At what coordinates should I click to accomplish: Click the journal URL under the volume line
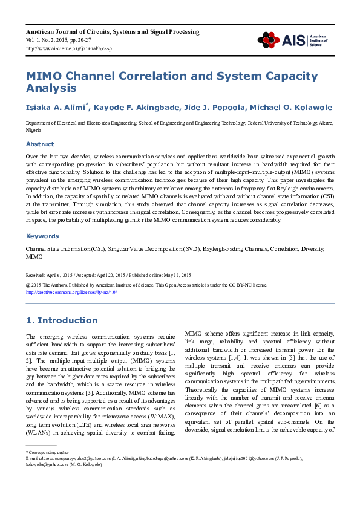(68, 48)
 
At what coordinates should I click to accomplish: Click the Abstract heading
(39, 144)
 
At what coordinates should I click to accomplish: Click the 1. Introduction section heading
(61, 320)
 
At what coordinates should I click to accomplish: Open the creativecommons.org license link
(71, 292)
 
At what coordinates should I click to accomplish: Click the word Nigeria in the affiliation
(33, 131)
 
